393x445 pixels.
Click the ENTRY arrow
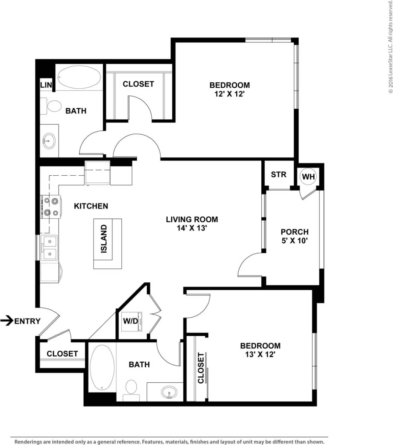coord(7,321)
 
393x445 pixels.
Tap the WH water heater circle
coord(308,176)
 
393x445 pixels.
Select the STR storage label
coord(278,175)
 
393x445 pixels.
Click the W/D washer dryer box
coord(130,321)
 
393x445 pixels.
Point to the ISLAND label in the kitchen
coord(104,239)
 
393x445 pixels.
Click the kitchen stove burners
coord(50,207)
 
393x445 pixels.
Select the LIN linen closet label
coord(46,85)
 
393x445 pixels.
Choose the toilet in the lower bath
coord(131,388)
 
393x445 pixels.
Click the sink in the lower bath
coord(169,393)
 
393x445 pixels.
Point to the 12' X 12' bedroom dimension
coord(229,94)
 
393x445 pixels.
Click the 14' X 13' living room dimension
coord(192,228)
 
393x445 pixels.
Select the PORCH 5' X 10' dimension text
coord(294,241)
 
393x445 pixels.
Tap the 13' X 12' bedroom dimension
coord(260,355)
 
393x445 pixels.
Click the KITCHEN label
coord(91,206)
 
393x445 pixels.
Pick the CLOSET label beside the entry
coord(62,353)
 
